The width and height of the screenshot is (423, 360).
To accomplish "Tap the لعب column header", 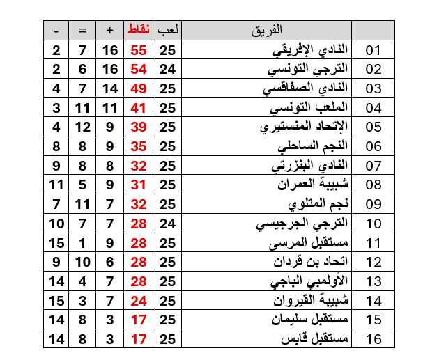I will click(168, 30).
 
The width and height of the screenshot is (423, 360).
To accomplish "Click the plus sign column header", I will click(109, 30).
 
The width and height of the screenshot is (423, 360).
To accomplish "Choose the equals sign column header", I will click(82, 30).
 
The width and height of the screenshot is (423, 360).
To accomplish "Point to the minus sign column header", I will click(56, 30).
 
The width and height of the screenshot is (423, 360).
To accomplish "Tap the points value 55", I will click(139, 51).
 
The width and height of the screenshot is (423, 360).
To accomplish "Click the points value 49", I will click(139, 89).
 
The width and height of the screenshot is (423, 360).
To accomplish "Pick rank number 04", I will click(374, 109).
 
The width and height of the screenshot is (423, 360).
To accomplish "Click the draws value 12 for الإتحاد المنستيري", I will click(82, 127).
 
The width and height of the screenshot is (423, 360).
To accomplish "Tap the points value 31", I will click(139, 185).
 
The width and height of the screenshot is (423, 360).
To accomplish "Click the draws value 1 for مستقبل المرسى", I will click(82, 243).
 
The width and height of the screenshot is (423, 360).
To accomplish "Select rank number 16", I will click(374, 339).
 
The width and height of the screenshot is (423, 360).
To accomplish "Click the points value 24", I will click(139, 301).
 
